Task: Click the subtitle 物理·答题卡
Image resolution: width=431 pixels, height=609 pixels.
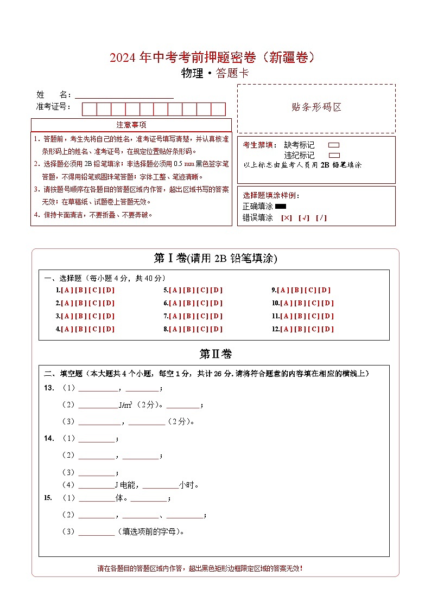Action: point(215,74)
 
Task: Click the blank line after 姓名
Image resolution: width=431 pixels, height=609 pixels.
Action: point(124,94)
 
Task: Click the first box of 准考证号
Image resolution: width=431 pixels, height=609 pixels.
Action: point(89,109)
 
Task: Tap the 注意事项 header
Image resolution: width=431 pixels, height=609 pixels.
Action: point(131,125)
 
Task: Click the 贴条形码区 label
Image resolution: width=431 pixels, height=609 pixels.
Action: point(316,107)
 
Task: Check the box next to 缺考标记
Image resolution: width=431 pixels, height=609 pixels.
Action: point(334,145)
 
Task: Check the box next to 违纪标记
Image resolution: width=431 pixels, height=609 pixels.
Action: point(334,155)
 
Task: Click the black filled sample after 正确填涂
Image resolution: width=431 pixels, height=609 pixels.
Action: point(281,206)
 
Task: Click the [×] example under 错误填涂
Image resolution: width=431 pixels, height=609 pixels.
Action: point(286,218)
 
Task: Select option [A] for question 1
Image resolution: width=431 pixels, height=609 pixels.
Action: point(67,290)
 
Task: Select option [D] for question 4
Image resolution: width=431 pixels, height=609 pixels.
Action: point(109,329)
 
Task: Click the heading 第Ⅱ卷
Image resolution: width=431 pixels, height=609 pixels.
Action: point(215,354)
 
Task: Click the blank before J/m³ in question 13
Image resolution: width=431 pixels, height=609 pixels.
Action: point(98,405)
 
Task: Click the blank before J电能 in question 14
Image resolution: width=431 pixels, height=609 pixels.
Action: point(96,485)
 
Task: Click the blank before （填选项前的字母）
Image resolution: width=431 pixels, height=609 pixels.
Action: point(97,531)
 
